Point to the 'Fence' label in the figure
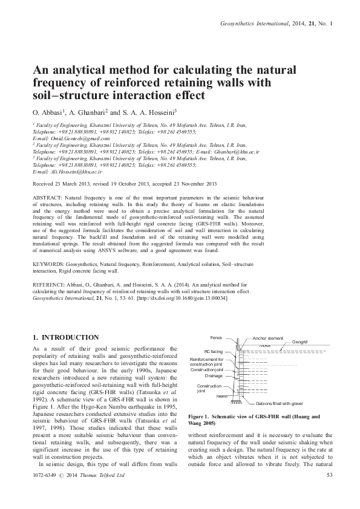[216, 337]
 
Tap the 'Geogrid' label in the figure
[301, 342]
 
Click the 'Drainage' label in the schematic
[214, 375]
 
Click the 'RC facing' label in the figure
[213, 351]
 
